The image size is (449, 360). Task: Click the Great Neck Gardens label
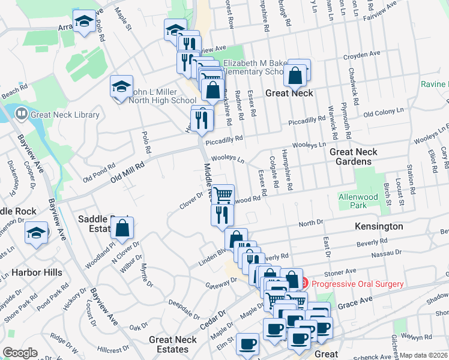coord(354,157)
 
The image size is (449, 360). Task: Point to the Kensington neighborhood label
coord(378,226)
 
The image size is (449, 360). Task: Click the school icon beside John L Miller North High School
coord(121,86)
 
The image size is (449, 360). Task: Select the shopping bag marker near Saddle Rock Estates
coord(122,228)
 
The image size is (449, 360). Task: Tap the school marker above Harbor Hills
coord(36,232)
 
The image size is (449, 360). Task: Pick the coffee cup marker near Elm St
coord(247,344)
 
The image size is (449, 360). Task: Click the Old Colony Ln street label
coord(385,112)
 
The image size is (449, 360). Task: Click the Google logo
coord(20,353)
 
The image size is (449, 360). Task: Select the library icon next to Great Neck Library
coord(21,113)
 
